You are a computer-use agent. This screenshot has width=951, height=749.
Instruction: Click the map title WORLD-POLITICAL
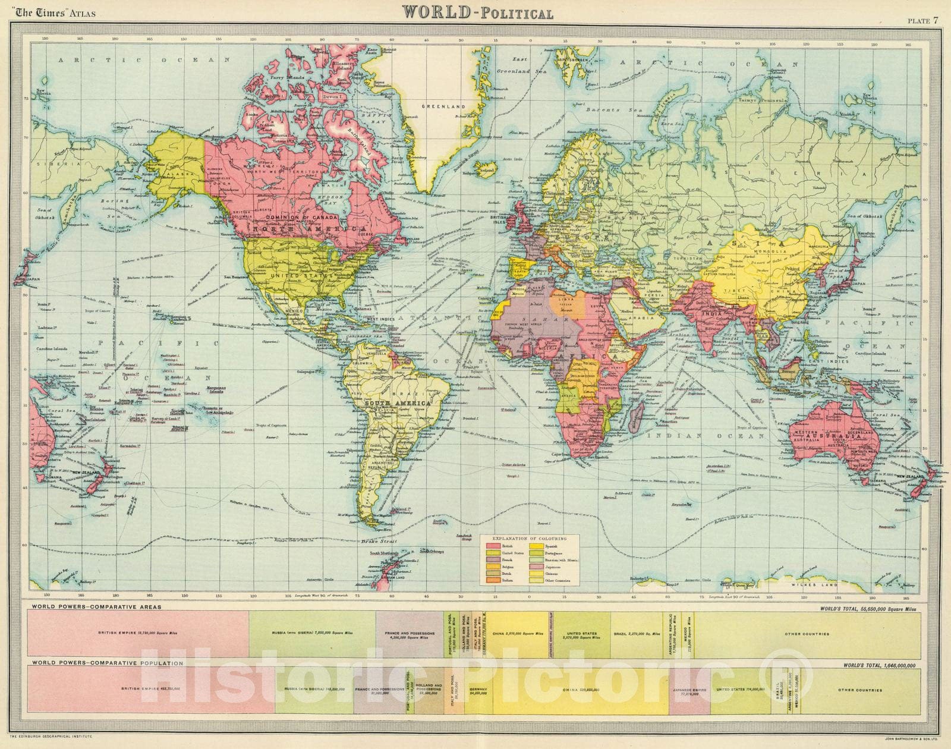coord(478,12)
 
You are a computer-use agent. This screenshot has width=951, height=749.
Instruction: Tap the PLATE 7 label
coord(922,5)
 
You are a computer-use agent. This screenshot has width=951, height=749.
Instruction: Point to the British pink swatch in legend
coord(493,545)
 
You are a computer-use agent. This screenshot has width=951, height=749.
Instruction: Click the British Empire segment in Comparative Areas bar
coord(138,634)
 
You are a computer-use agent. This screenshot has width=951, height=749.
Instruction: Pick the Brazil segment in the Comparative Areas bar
coord(637,634)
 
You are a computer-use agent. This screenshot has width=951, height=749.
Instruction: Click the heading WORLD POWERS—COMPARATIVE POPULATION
coord(100,662)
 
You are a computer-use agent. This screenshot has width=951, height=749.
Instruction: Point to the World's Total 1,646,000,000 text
coord(880,665)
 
